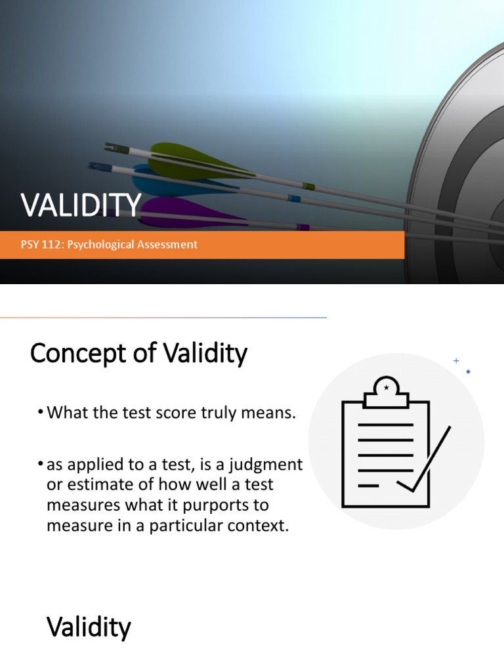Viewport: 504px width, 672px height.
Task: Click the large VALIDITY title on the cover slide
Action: [81, 205]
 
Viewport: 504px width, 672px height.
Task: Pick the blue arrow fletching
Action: [157, 180]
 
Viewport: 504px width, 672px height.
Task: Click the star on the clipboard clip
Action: [386, 388]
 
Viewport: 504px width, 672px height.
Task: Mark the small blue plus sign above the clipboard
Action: [456, 360]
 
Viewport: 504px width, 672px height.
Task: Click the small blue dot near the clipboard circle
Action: [468, 371]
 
